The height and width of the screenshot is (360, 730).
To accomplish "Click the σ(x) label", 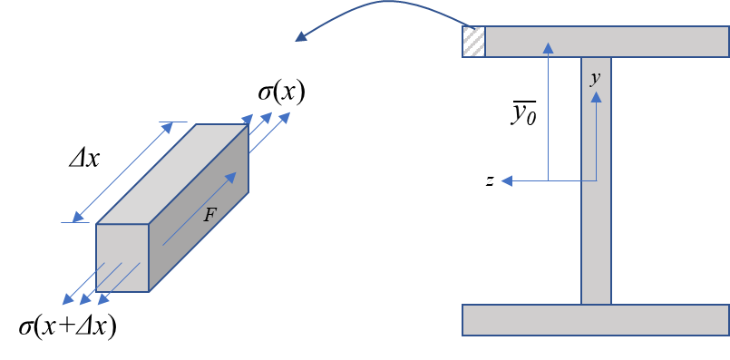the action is click(x=281, y=93).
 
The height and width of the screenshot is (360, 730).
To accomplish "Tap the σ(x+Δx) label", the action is click(x=67, y=327).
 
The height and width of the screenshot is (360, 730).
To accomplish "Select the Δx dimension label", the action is click(x=83, y=160).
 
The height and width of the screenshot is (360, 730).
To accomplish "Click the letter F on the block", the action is click(x=210, y=215).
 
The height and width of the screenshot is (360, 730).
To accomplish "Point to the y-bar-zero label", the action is click(x=524, y=113).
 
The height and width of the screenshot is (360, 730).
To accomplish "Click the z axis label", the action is click(x=490, y=180).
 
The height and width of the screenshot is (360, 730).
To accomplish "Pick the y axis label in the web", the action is click(x=595, y=79).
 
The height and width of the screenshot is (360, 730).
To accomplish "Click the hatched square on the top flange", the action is click(x=473, y=42).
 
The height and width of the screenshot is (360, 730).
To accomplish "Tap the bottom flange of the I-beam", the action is click(x=596, y=319).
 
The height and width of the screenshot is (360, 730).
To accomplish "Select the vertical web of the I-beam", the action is click(x=596, y=180).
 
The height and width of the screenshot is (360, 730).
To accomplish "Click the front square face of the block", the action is click(x=122, y=258).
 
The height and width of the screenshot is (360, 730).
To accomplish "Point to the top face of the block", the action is click(x=172, y=174).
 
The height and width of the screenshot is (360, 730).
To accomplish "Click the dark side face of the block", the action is click(x=199, y=208).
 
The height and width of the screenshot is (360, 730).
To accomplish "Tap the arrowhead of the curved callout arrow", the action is click(x=301, y=36).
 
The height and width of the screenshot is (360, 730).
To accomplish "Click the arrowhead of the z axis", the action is click(x=507, y=180).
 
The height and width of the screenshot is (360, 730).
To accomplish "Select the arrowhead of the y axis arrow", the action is click(x=596, y=97).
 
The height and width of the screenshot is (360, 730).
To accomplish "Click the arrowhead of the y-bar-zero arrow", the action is click(x=549, y=47).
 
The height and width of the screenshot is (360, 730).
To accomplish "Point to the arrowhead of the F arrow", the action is click(x=231, y=178).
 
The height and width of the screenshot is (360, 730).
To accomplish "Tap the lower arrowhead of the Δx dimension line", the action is click(x=78, y=217).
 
